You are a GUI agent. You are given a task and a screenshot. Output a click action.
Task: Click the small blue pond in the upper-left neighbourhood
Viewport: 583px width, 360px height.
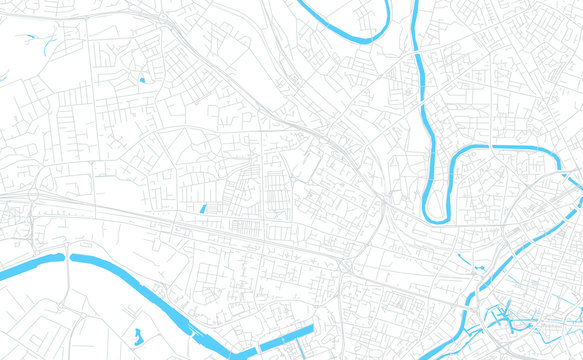142,79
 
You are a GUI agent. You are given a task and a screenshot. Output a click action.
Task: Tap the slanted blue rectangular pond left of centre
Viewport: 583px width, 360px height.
203,209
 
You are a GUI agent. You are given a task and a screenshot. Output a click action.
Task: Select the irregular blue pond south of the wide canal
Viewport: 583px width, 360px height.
137,337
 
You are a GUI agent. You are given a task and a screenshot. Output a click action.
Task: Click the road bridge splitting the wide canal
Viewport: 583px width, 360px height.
67,258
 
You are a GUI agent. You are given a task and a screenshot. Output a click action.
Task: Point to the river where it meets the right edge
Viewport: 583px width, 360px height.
578,179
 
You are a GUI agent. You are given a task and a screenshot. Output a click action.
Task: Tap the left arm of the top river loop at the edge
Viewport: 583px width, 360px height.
299,3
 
